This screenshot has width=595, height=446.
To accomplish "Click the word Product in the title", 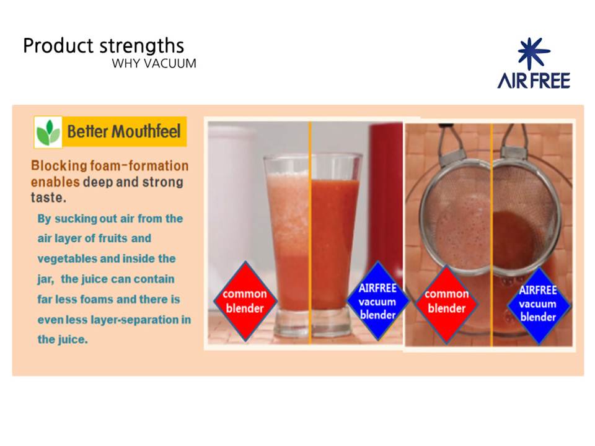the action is [58, 46].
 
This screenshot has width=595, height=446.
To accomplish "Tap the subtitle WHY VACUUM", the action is [154, 63].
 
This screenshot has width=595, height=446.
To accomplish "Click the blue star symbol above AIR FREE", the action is [533, 53].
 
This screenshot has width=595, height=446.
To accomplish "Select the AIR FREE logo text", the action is [534, 81].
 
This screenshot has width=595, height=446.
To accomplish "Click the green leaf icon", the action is [48, 132].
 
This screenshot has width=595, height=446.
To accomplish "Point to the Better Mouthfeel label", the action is [124, 131].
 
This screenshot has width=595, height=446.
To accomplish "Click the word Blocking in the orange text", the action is [59, 166].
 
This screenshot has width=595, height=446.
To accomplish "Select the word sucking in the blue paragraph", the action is [76, 219].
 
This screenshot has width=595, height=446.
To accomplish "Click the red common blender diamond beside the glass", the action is [245, 301].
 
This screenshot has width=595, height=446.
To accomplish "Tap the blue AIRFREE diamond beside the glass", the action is [377, 301].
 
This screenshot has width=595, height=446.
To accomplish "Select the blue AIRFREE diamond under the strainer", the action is [538, 304].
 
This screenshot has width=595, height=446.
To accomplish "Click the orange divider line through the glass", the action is [310, 233].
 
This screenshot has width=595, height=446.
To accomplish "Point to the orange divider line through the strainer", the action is [492, 235].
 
